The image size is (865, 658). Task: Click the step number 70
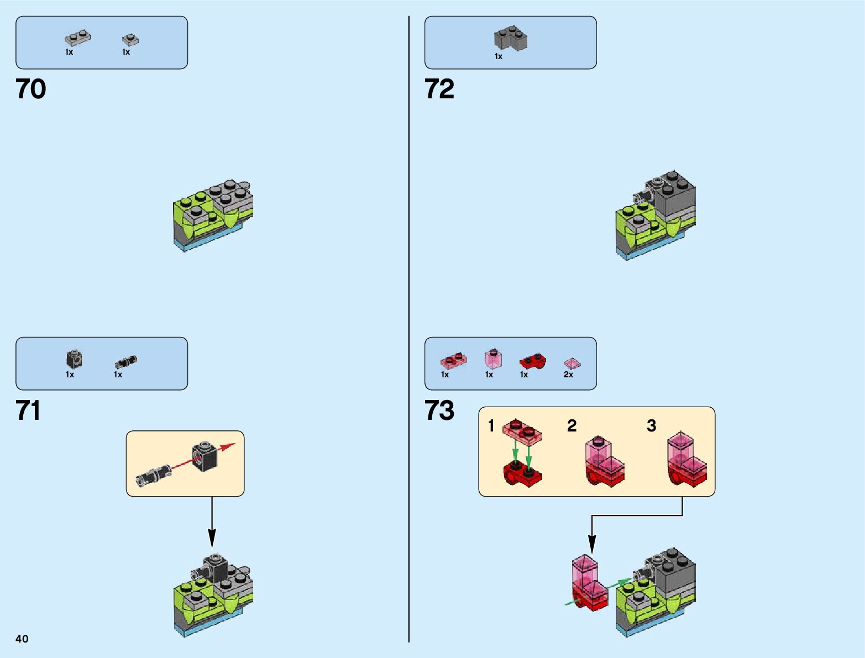pyautogui.click(x=31, y=89)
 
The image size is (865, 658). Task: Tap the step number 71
pyautogui.click(x=28, y=410)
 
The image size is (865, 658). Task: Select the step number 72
pyautogui.click(x=439, y=89)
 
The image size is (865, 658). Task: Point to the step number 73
pyautogui.click(x=439, y=410)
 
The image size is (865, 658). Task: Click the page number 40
pyautogui.click(x=22, y=639)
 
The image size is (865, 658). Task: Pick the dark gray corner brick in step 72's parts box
pyautogui.click(x=510, y=39)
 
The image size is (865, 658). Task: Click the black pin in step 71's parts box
pyautogui.click(x=125, y=362)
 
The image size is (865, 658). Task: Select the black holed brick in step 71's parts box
pyautogui.click(x=74, y=360)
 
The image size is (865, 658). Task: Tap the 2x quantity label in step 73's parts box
pyautogui.click(x=568, y=375)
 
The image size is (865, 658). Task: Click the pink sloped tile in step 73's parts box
pyautogui.click(x=572, y=363)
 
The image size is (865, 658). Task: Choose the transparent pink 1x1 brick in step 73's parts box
pyautogui.click(x=493, y=359)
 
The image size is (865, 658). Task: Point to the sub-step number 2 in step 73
pyautogui.click(x=572, y=425)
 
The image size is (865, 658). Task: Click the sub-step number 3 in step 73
pyautogui.click(x=651, y=425)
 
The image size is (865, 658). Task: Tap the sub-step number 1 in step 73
pyautogui.click(x=491, y=425)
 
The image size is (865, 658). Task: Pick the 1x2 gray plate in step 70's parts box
pyautogui.click(x=78, y=38)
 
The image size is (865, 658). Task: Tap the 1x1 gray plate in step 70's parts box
pyautogui.click(x=130, y=40)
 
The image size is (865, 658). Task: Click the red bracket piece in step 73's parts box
pyautogui.click(x=532, y=362)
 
